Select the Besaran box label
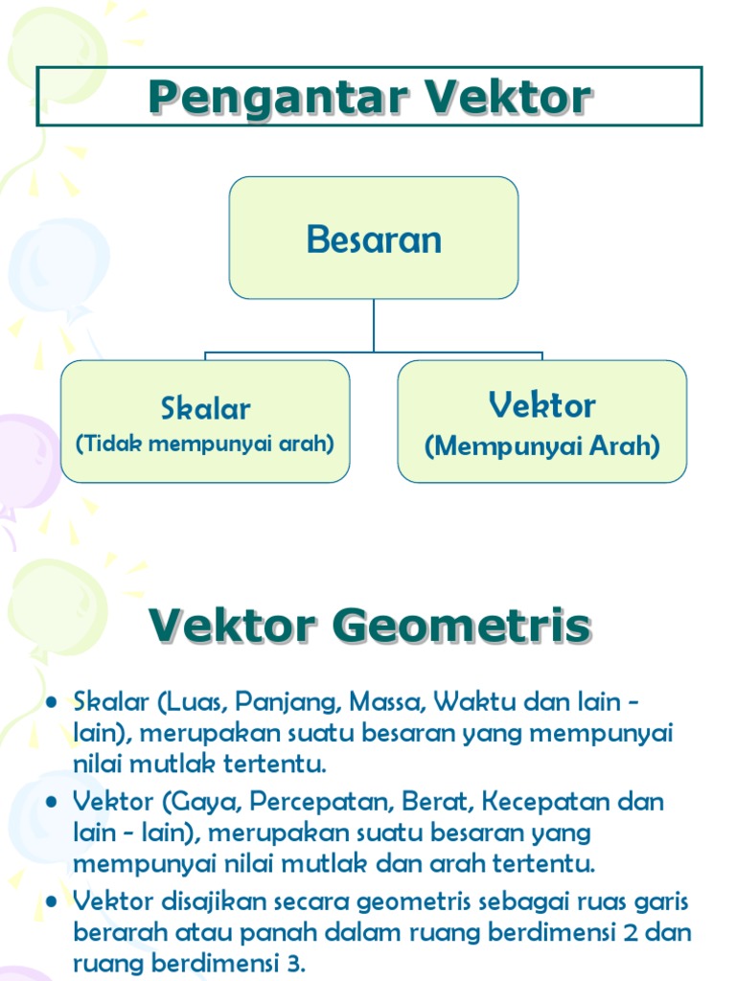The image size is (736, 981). tap(374, 239)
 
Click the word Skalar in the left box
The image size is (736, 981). tap(205, 409)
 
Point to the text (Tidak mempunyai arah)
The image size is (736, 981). tap(205, 445)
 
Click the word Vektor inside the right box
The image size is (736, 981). tap(541, 405)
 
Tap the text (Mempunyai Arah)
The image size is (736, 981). tap(542, 446)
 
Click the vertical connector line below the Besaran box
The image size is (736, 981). tap(374, 326)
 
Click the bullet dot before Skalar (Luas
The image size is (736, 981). tap(53, 704)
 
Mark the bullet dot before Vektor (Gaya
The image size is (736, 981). tap(53, 803)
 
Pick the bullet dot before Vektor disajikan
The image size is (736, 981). tap(53, 901)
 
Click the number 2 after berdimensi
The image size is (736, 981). tap(637, 932)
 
